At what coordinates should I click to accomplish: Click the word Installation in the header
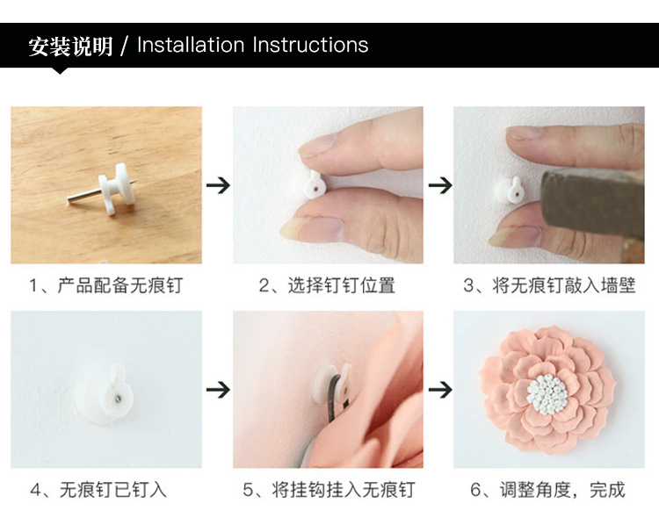point(191,45)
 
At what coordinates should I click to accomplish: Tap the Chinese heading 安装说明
point(70,46)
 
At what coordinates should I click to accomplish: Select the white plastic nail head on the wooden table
point(113,188)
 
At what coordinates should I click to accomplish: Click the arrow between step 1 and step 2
point(218,185)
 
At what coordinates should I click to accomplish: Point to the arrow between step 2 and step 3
point(440,185)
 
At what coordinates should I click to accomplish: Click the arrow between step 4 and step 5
point(218,390)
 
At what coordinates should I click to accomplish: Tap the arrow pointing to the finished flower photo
point(440,390)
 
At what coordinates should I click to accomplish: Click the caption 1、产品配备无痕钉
point(106,285)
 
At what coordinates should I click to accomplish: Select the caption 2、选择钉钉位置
point(328,285)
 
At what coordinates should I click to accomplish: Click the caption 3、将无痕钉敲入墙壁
point(549,285)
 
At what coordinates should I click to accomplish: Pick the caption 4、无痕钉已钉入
point(98,490)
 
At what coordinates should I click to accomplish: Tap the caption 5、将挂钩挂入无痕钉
point(329,490)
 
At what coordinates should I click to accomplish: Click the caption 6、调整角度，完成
point(547,490)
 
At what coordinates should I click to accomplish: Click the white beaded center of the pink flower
point(547,395)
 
